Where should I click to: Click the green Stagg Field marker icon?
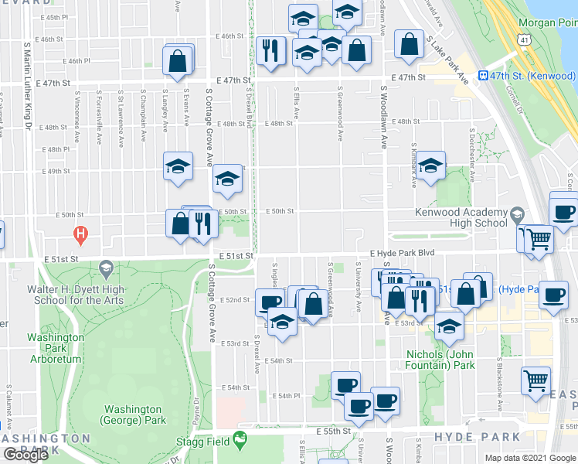coord(240,438)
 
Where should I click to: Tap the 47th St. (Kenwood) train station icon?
coord(483,76)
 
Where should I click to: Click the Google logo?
coord(25,455)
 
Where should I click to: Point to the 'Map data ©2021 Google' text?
coord(530,458)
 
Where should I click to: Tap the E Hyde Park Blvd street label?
coord(403,253)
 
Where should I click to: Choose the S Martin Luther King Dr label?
coord(27,85)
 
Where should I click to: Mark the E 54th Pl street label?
coord(284,395)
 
